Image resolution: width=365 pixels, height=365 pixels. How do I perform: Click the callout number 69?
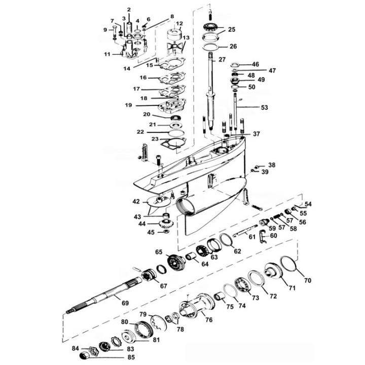pos(125,303)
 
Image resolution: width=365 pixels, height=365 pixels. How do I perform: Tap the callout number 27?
pos(222,60)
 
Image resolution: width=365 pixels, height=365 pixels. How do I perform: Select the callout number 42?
pos(136,201)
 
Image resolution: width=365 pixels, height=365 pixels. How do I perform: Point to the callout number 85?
pos(131,357)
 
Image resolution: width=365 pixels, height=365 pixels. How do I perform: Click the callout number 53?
pos(264,107)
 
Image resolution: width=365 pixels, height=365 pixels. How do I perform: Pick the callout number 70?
pos(308,280)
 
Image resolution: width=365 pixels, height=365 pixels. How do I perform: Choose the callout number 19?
pos(128,105)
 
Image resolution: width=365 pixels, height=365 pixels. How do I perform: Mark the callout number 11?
pos(107,54)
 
